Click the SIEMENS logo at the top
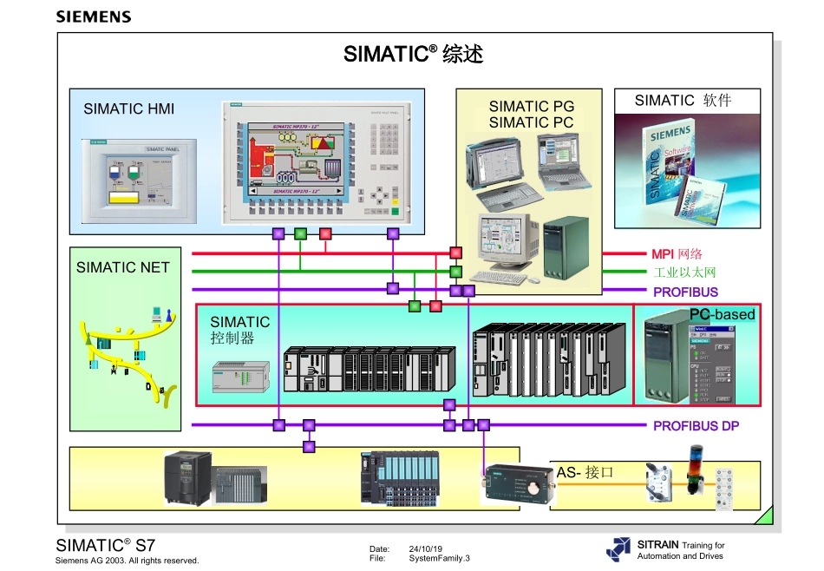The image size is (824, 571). click(x=94, y=16)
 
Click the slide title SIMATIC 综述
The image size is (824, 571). click(x=413, y=54)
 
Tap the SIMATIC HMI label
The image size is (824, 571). click(x=128, y=108)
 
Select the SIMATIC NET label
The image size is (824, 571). click(x=122, y=267)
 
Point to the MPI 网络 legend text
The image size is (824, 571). click(x=677, y=254)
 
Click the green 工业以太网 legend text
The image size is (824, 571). click(x=684, y=272)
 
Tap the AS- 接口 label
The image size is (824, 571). click(x=585, y=472)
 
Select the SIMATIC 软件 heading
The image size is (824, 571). click(x=683, y=101)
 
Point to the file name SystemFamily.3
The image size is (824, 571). click(x=439, y=559)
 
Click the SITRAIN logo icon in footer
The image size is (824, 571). click(x=618, y=548)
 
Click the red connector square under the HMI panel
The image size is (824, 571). click(x=325, y=233)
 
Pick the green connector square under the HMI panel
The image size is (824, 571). click(x=300, y=233)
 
